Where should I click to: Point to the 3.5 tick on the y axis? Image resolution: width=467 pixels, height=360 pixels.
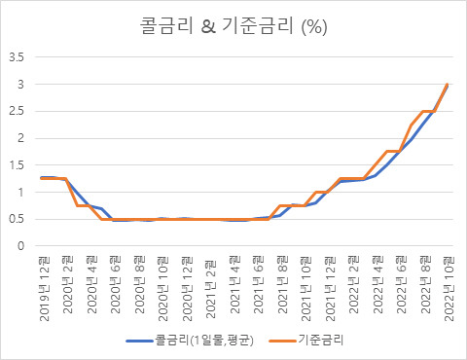click(18, 56)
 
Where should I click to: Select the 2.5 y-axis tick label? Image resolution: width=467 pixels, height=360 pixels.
click(18, 111)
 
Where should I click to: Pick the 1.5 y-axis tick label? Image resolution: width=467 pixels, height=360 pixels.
click(18, 165)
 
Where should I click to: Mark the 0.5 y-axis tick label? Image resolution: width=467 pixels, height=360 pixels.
click(18, 219)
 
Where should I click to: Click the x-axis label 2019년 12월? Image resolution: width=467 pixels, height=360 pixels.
click(42, 287)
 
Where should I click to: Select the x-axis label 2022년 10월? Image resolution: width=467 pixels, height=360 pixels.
click(447, 287)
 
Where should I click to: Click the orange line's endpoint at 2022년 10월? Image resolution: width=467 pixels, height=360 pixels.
click(447, 85)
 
